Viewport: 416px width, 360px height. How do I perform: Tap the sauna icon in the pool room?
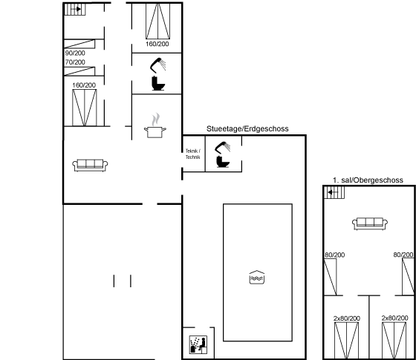point(198,344)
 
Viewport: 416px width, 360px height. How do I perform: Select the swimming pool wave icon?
point(257,278)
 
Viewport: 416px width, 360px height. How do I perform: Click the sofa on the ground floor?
point(90,165)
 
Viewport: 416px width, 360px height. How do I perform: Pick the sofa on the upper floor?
point(370,223)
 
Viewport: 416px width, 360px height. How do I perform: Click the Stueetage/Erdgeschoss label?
point(247,129)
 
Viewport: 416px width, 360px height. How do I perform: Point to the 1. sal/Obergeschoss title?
point(368,180)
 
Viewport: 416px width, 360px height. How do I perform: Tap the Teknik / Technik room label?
point(193,154)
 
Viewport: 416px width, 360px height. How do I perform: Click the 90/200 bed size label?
point(75,53)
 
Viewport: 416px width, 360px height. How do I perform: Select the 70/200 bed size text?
point(75,62)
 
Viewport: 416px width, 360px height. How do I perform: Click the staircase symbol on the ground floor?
point(75,9)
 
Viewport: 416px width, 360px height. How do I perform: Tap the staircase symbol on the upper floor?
point(334,192)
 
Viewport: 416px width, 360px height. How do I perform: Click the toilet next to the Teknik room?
point(222,162)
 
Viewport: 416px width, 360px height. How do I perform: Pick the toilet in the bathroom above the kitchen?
point(158,83)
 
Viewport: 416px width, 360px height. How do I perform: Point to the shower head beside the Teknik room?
point(223,148)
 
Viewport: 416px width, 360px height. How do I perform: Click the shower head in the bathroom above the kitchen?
point(157,65)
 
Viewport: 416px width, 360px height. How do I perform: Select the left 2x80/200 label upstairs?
point(347,318)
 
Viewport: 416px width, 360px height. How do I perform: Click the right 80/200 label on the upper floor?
point(403,255)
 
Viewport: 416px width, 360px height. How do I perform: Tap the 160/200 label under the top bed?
point(157,44)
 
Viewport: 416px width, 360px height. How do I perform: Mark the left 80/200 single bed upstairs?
point(331,277)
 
